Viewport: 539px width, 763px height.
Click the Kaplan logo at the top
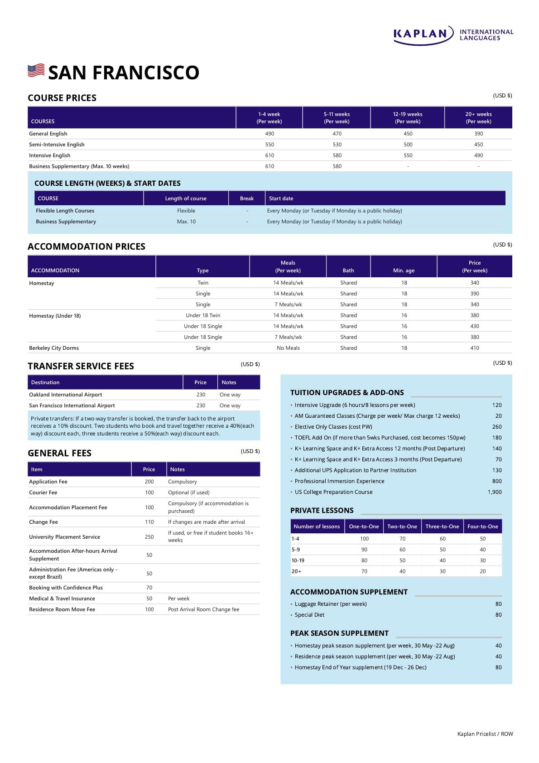coord(453,35)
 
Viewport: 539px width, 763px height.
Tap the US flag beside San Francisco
coord(36,71)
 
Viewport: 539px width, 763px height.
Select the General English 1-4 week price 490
coord(269,134)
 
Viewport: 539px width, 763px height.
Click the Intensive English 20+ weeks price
coord(478,155)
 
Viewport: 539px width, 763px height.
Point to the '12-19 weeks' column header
coord(408,118)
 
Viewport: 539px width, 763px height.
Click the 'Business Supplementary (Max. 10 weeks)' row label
coord(79,166)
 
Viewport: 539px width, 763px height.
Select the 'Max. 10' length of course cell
coord(186,222)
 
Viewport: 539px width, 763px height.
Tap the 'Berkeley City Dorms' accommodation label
coord(54,348)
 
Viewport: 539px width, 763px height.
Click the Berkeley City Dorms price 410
coord(474,348)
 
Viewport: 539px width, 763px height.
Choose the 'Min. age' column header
coord(404,270)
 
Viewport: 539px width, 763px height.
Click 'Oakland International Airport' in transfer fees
coord(66,395)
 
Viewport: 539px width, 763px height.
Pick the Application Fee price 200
coord(149,482)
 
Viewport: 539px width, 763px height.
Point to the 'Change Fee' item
coord(43,522)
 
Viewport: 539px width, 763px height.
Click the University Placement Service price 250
coord(149,537)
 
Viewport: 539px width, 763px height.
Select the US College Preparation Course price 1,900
coord(495,492)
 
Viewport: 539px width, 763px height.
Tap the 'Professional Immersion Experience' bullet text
coord(339,481)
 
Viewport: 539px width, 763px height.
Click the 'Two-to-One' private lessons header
coord(402,526)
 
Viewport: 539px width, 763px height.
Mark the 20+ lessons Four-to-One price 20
coord(482,571)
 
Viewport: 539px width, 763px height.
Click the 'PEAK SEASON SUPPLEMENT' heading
coord(339,633)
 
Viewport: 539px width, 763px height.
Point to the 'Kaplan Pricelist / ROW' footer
coord(485,734)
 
